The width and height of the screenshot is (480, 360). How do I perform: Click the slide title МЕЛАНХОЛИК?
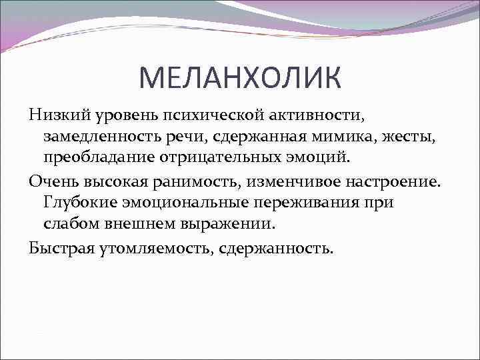click(240, 78)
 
